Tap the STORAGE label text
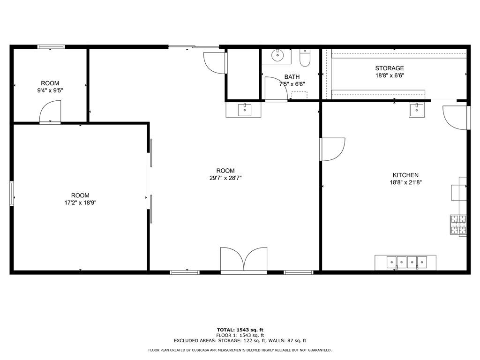click(389, 68)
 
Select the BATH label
click(292, 77)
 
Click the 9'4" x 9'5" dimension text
click(50, 90)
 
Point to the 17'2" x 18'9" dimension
click(80, 203)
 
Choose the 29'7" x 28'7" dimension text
click(225, 178)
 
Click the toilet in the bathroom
click(305, 58)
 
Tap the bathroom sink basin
click(278, 55)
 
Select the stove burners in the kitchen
click(458, 224)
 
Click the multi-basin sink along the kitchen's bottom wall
click(406, 262)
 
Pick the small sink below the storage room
click(416, 110)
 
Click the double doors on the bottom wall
click(243, 260)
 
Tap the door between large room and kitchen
click(332, 149)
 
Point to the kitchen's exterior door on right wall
click(456, 118)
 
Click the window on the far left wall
click(12, 194)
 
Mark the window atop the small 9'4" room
click(51, 47)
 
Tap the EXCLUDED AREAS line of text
click(240, 341)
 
